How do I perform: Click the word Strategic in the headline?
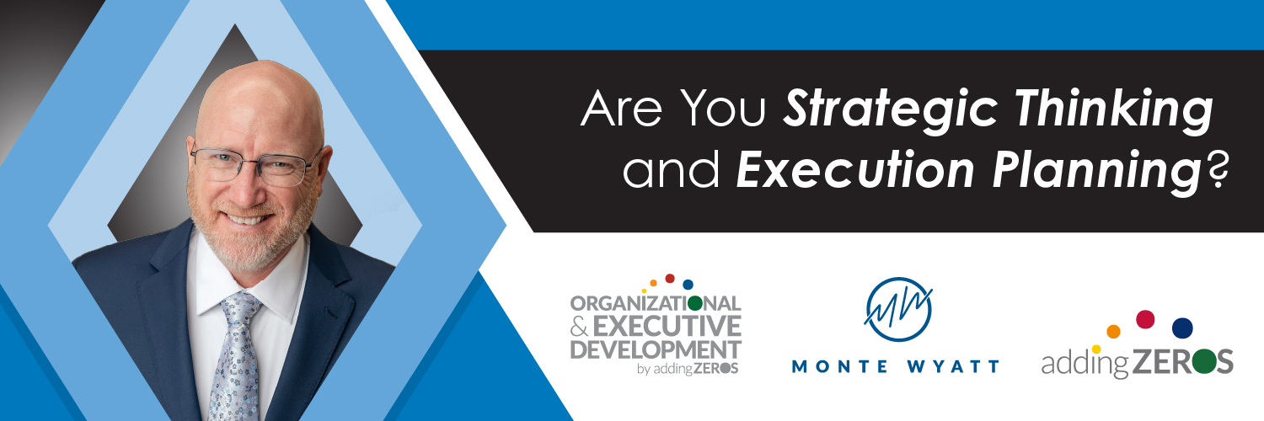[x=891, y=110]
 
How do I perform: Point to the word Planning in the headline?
[x=1096, y=172]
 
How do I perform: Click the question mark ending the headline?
[x=1216, y=169]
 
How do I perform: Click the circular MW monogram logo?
[x=898, y=309]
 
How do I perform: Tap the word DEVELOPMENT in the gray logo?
[x=655, y=350]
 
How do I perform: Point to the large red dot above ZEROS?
[x=1145, y=319]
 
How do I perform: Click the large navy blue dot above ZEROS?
[x=1182, y=328]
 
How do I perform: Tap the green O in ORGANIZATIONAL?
[x=695, y=303]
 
